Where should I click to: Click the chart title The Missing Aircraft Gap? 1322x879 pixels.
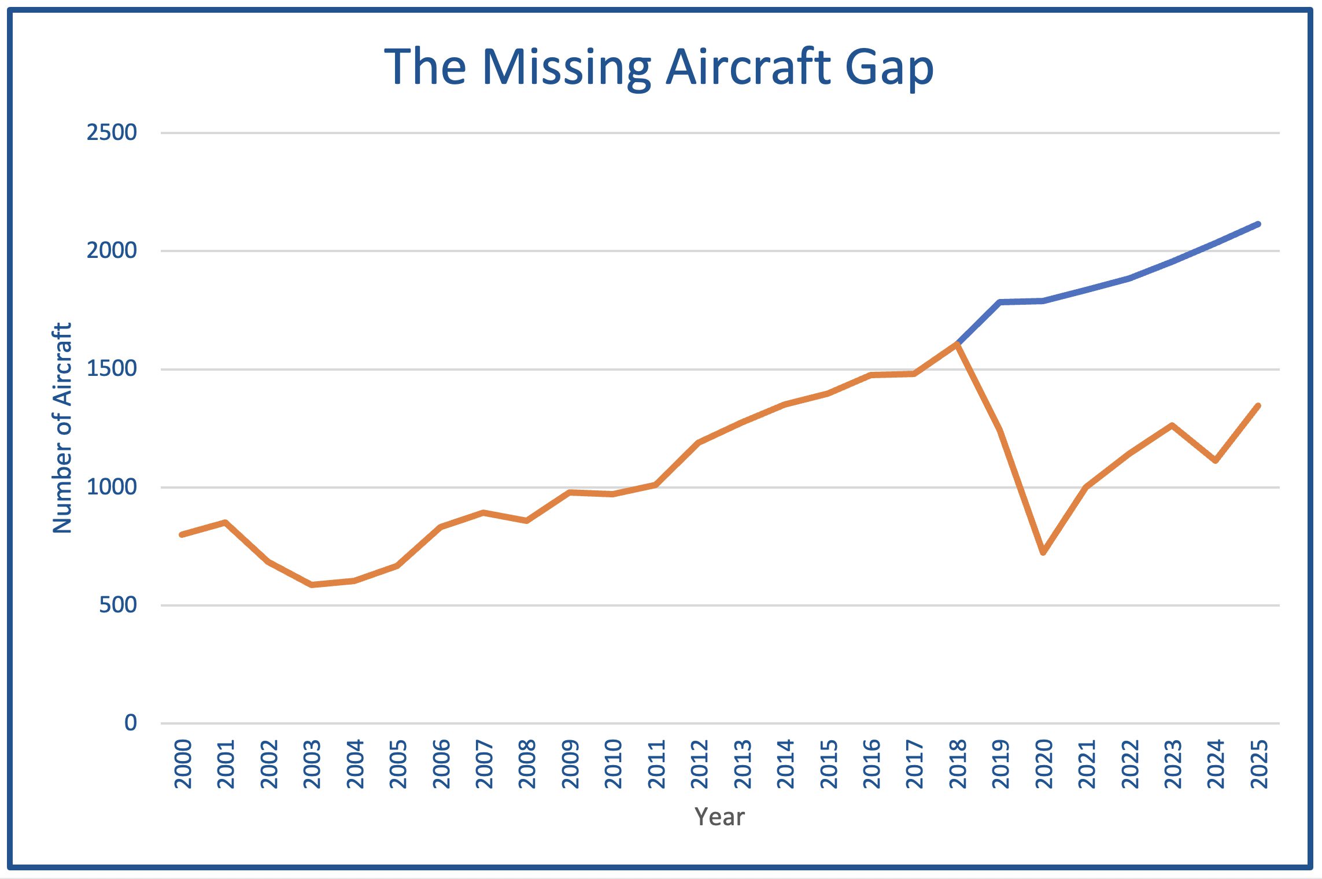659,68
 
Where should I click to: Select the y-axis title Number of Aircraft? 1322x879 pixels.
62,428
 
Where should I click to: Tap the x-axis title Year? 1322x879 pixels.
719,817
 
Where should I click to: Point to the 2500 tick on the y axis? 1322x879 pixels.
112,132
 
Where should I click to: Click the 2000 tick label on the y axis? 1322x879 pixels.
112,250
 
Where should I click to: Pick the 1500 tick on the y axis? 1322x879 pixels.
112,368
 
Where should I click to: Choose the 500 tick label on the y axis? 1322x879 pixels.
118,605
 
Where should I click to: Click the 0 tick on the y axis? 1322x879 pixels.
131,722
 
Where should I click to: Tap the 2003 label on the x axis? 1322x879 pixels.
312,764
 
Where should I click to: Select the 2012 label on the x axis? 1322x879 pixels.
700,764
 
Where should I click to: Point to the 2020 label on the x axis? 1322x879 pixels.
1044,764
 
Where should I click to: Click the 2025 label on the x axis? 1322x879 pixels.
1259,764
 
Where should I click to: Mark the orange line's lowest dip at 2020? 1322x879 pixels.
1043,552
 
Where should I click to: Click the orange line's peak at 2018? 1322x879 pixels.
958,345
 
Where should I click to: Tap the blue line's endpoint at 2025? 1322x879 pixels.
1258,224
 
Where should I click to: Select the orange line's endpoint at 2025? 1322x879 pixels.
1258,406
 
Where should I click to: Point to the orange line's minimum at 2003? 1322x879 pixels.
312,585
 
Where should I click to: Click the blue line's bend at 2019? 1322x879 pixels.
1000,302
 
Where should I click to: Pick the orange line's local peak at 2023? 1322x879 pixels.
1172,426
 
